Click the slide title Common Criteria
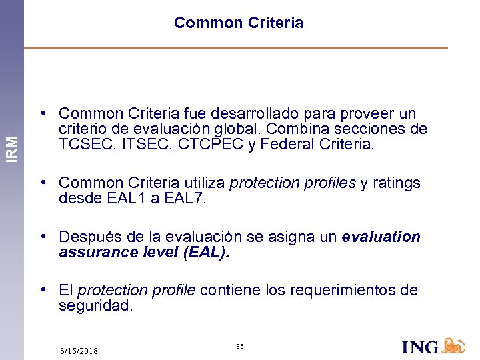click(x=238, y=23)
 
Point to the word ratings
click(x=397, y=183)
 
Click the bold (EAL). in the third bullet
click(x=205, y=252)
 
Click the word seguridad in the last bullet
click(x=95, y=305)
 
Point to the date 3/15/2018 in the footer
click(x=79, y=351)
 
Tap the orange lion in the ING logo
click(x=454, y=345)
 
